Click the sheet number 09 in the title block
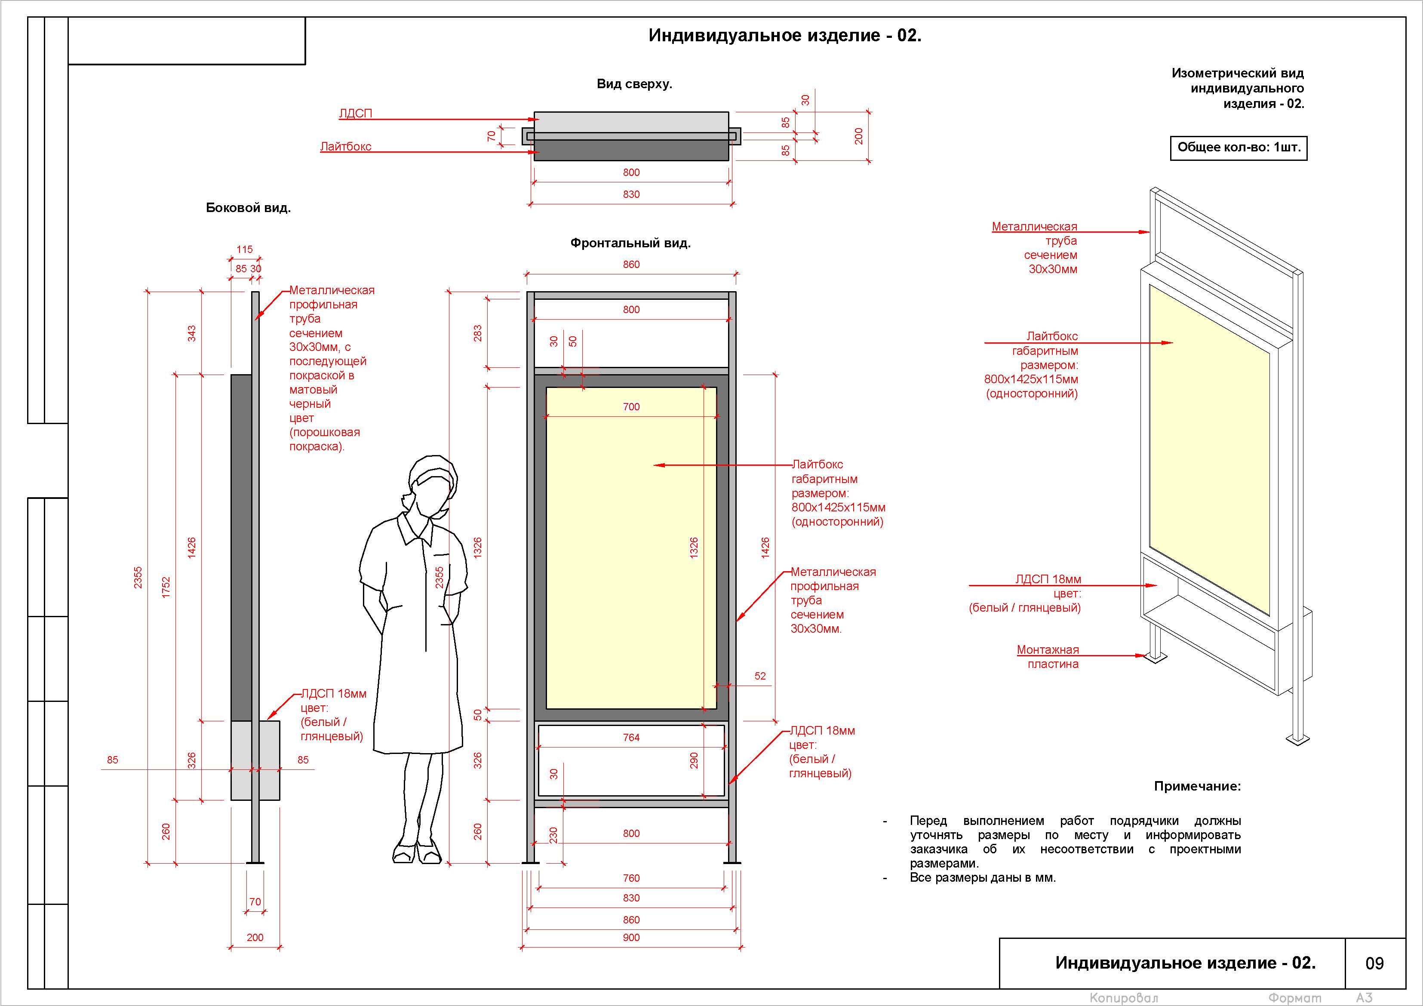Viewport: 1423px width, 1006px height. click(1374, 963)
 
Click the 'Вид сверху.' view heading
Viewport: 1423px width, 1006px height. click(634, 84)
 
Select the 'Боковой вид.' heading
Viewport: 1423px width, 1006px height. click(248, 208)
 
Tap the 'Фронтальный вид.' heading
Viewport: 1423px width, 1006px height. click(630, 243)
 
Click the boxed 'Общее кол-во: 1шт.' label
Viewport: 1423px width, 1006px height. click(1239, 148)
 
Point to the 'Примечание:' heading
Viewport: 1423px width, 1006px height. click(1197, 786)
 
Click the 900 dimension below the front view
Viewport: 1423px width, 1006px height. click(631, 937)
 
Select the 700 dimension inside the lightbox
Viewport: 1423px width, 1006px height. click(631, 406)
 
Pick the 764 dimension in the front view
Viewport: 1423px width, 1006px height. click(631, 738)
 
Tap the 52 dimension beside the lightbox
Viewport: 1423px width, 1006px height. click(760, 676)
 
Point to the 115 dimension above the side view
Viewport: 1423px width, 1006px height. click(244, 249)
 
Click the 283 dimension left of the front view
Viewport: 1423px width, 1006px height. click(477, 333)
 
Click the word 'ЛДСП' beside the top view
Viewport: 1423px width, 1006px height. click(355, 114)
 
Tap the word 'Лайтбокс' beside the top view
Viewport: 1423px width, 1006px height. click(345, 146)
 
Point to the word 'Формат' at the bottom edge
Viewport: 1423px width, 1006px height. click(1294, 998)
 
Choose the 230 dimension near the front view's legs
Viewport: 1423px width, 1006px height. click(553, 835)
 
